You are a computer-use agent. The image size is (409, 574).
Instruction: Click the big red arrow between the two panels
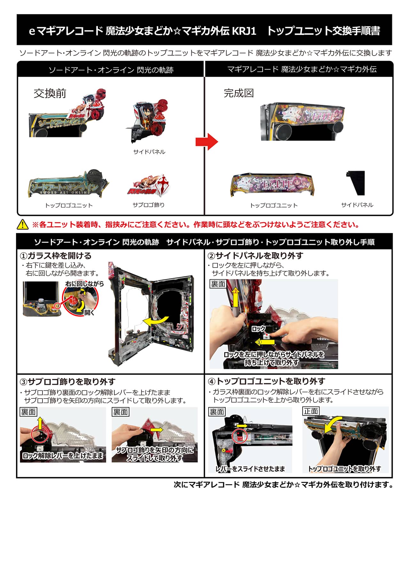(207, 142)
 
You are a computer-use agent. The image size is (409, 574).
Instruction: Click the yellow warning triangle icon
(22, 224)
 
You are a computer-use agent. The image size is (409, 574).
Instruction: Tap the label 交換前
(50, 93)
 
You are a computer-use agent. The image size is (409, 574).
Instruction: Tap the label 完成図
(239, 93)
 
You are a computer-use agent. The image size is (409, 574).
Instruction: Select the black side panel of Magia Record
(356, 182)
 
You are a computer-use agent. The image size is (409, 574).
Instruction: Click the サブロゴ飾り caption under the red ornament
(149, 205)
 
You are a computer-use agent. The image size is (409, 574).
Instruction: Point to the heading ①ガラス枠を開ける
(56, 256)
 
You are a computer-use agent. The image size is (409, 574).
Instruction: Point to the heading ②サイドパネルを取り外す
(255, 256)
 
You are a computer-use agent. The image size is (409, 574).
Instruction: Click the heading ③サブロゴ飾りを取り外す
(67, 382)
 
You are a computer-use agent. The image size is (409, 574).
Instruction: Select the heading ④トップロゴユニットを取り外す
(266, 381)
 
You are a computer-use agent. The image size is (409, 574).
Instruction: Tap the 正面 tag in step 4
(311, 411)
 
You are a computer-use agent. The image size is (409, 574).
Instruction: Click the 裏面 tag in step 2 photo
(218, 284)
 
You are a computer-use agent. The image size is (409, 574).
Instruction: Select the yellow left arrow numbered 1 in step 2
(265, 342)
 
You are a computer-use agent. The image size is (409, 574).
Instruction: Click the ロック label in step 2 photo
(259, 329)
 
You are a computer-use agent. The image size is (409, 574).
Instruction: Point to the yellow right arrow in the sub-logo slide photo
(157, 430)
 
